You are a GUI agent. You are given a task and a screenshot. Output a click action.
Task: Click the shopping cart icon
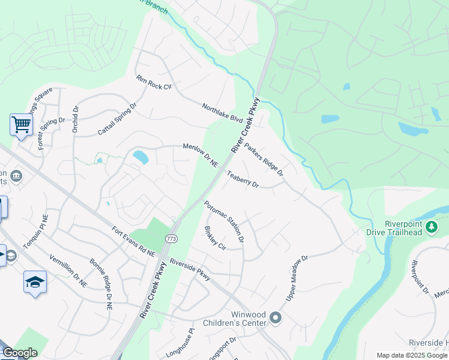[21, 125]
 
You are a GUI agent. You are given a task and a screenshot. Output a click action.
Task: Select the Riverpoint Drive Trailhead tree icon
[432, 227]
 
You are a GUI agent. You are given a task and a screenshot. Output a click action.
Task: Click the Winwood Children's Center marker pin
[276, 317]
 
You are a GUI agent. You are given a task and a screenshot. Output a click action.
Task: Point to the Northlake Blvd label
[222, 111]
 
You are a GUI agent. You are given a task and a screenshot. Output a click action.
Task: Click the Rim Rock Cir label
[154, 83]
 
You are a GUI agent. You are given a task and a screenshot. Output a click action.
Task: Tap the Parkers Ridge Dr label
[264, 160]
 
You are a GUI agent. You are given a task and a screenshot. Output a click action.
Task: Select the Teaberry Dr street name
[243, 180]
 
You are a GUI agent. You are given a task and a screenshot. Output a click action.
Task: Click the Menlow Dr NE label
[200, 155]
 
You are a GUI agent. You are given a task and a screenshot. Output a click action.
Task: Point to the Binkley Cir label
[214, 238]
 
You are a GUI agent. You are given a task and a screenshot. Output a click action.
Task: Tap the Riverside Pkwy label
[190, 269]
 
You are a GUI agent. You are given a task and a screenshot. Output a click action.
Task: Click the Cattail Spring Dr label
[117, 119]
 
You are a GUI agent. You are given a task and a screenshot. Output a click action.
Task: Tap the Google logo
[20, 353]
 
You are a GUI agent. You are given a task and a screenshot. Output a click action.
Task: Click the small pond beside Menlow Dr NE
[140, 157]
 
